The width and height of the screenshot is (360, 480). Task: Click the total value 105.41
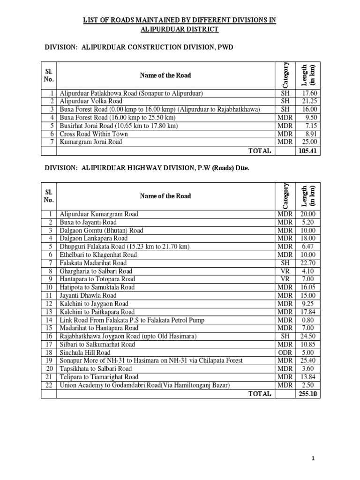point(307,151)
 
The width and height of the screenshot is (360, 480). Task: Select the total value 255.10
point(307,394)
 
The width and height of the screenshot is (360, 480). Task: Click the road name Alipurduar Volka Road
point(91,101)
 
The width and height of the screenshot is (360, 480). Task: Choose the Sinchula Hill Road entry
point(85,352)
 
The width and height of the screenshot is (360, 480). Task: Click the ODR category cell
point(285,352)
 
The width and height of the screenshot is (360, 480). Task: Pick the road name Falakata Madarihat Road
point(93,263)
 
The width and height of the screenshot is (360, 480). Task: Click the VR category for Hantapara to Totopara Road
point(285,279)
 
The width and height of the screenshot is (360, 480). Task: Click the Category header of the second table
point(285,196)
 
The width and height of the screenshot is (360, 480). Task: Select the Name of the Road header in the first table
point(165,75)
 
